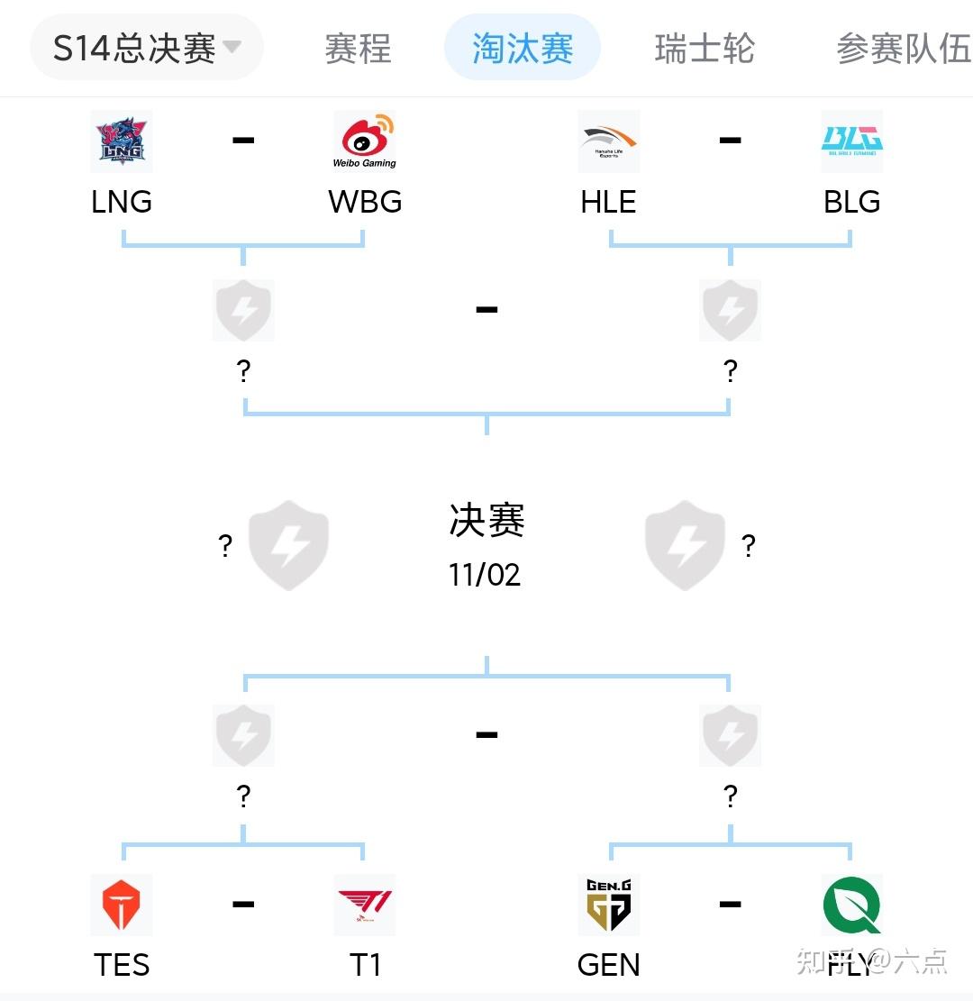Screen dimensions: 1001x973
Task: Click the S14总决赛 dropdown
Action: click(x=146, y=48)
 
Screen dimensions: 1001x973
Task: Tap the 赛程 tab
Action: click(x=358, y=48)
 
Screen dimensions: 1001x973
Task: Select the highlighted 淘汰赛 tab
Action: click(x=523, y=48)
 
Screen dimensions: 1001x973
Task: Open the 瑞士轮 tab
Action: click(x=705, y=48)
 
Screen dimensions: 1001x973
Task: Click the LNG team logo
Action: click(x=122, y=141)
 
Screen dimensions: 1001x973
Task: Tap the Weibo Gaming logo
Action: click(x=365, y=141)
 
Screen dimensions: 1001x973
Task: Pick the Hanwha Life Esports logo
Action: click(x=609, y=141)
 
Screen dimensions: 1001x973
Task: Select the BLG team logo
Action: click(x=851, y=141)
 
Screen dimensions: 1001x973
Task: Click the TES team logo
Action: click(x=122, y=905)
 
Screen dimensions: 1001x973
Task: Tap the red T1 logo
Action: click(x=365, y=905)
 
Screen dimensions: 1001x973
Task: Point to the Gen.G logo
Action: click(x=609, y=905)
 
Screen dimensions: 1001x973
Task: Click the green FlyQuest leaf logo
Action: click(x=851, y=905)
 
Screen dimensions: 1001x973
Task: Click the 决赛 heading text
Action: click(x=486, y=521)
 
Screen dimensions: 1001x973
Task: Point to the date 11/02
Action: click(x=485, y=575)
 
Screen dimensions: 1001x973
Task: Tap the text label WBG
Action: click(x=365, y=202)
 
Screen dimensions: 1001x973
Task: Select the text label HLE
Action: click(x=609, y=202)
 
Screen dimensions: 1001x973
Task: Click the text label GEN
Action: click(x=609, y=965)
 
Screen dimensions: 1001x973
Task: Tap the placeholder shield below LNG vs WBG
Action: click(x=243, y=311)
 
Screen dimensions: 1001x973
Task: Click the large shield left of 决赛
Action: click(x=288, y=545)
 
